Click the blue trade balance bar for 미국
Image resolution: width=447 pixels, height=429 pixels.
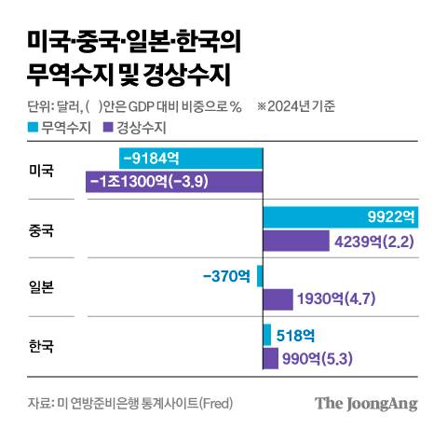click(191, 159)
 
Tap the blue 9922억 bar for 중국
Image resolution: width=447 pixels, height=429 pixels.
click(341, 217)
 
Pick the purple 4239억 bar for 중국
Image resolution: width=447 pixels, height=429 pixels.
click(298, 242)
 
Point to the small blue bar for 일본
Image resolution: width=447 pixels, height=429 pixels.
click(260, 276)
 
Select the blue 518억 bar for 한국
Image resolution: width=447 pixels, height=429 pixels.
click(267, 334)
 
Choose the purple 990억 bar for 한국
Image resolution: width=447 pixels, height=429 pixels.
click(271, 357)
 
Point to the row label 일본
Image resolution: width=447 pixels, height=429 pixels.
click(42, 287)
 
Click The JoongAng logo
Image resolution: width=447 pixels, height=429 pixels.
click(365, 404)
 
